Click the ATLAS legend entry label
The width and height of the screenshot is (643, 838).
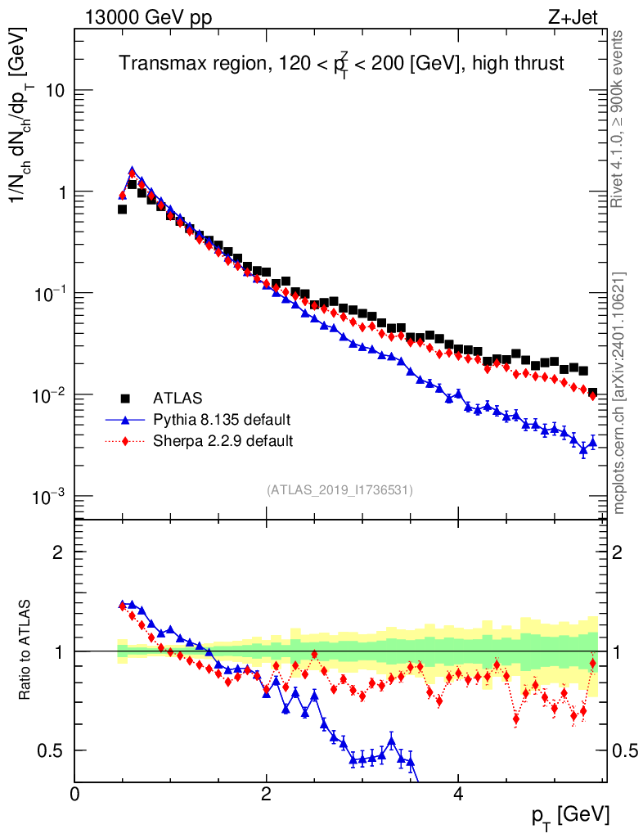click(178, 399)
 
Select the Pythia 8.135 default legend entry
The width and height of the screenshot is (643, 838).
click(222, 420)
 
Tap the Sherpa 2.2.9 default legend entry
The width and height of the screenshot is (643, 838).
click(223, 441)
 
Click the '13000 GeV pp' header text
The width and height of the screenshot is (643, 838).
click(148, 17)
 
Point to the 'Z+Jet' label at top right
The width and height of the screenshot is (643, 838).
click(573, 17)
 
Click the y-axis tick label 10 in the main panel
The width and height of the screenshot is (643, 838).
click(55, 91)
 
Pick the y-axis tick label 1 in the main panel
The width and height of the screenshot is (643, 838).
click(61, 192)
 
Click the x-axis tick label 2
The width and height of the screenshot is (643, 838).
click(266, 794)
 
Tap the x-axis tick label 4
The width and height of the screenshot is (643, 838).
click(457, 794)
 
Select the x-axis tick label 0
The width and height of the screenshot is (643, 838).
click(74, 794)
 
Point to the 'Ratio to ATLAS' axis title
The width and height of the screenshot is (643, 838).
click(25, 650)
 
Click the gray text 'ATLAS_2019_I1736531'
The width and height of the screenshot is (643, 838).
click(339, 490)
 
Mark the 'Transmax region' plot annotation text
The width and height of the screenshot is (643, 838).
click(192, 64)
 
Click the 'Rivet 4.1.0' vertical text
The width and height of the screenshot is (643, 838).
click(617, 178)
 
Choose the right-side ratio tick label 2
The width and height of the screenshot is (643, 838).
click(617, 552)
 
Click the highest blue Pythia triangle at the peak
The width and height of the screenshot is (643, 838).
click(132, 170)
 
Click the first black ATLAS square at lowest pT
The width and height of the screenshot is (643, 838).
click(122, 209)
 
